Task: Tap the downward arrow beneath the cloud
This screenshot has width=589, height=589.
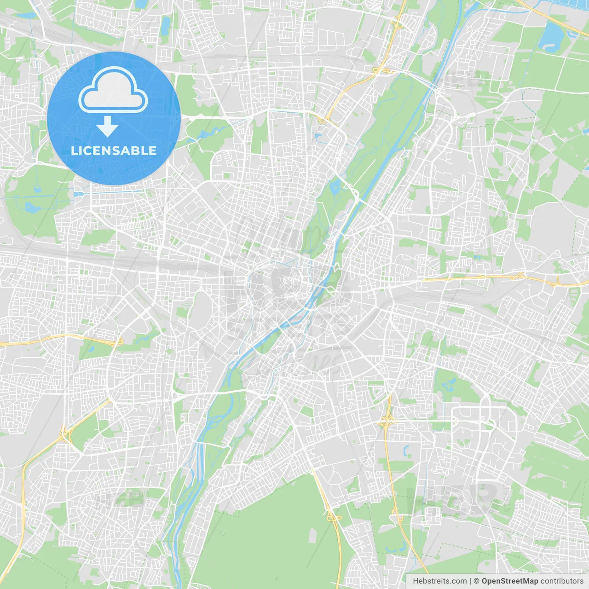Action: click(107, 127)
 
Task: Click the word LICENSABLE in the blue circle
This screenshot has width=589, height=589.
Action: click(113, 150)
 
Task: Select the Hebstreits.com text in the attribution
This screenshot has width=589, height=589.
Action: click(439, 581)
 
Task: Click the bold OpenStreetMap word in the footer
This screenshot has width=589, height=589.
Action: click(509, 581)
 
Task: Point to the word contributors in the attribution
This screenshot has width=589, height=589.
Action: click(562, 581)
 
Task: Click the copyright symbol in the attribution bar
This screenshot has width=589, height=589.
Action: click(477, 581)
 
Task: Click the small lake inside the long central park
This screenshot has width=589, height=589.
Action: click(335, 186)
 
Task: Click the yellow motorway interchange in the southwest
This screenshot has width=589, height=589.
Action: click(65, 433)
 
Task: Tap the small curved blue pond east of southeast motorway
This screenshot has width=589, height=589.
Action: click(406, 450)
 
